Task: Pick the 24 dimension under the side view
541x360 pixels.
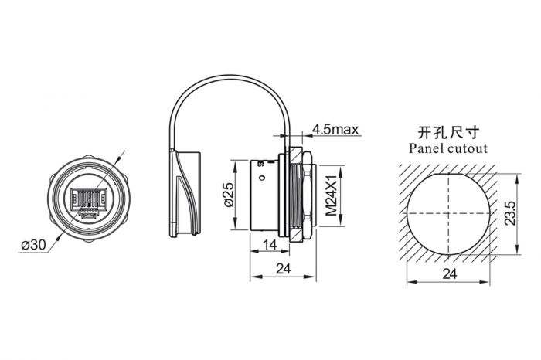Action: [282, 270]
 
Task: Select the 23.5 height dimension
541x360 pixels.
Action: [509, 212]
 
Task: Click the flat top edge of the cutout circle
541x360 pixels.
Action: [449, 165]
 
